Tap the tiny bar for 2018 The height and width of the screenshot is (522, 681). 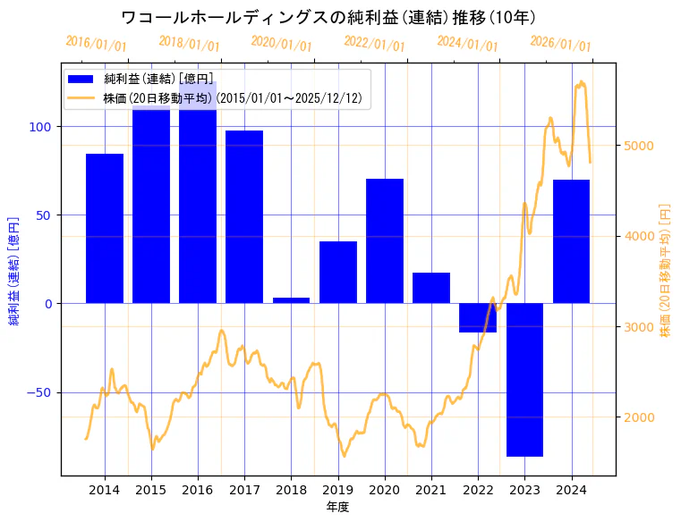tap(291, 300)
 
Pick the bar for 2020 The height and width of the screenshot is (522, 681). tap(385, 241)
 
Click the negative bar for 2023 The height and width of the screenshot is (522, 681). tap(524, 380)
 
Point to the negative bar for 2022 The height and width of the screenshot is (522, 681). tap(478, 318)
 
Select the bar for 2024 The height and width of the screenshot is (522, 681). tap(571, 241)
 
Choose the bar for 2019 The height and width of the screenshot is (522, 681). tap(338, 273)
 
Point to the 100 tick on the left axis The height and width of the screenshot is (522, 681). tap(41, 127)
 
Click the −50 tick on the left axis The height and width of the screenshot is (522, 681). tap(38, 393)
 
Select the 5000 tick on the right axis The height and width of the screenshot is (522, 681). tap(641, 146)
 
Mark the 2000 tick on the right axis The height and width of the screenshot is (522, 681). tap(641, 417)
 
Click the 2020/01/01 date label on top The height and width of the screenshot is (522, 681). tap(282, 43)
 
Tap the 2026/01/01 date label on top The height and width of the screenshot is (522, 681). tap(560, 43)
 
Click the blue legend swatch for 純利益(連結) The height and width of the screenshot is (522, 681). tap(86, 80)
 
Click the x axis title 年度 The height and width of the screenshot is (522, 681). tap(338, 507)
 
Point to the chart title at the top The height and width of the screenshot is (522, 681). tap(328, 17)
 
